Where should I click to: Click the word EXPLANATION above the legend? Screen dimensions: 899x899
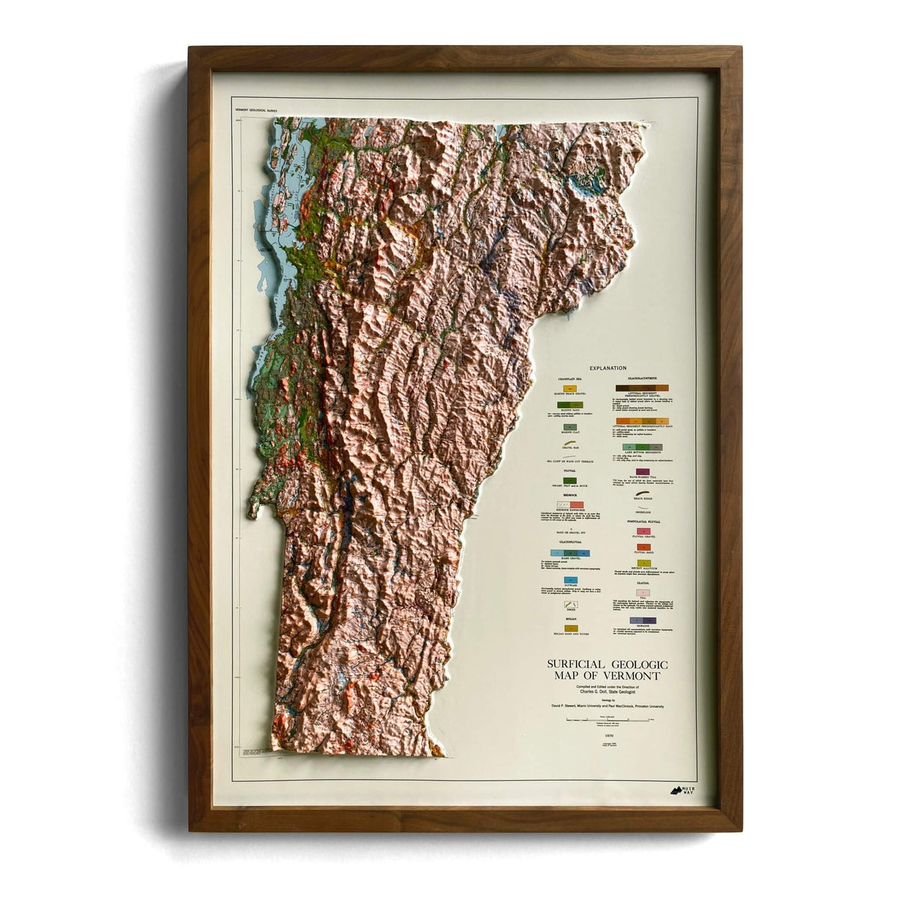(607, 368)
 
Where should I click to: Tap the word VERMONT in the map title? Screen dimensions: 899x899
(636, 675)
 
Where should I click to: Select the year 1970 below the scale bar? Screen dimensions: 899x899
(607, 736)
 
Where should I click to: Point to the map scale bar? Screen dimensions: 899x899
(607, 719)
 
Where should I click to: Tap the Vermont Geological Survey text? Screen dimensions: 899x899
(256, 110)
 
